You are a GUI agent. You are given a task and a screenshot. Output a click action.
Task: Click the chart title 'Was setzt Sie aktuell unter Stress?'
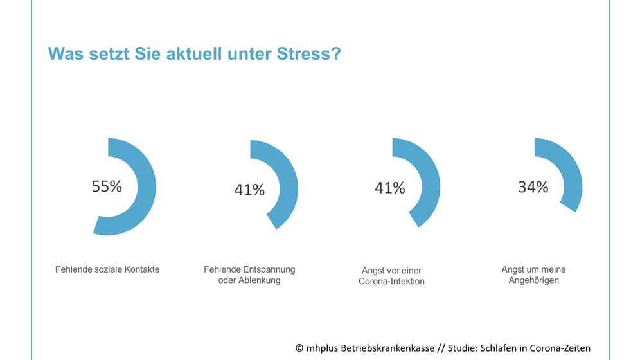(194, 54)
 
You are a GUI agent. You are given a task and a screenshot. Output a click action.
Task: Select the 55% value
(107, 186)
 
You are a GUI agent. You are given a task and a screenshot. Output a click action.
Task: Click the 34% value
(533, 187)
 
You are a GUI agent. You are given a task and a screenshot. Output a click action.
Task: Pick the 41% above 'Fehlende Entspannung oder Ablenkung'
(249, 190)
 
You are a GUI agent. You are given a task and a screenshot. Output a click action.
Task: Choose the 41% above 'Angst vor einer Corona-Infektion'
(390, 188)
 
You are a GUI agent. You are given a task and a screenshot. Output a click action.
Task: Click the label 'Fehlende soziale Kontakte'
(107, 269)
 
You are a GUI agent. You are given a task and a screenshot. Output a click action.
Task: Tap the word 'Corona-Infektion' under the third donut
(391, 282)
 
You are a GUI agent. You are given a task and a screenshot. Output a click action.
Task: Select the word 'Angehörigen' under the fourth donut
(533, 280)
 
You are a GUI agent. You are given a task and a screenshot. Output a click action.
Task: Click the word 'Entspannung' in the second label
(269, 269)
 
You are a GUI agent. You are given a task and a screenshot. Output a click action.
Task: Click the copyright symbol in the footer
(299, 348)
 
